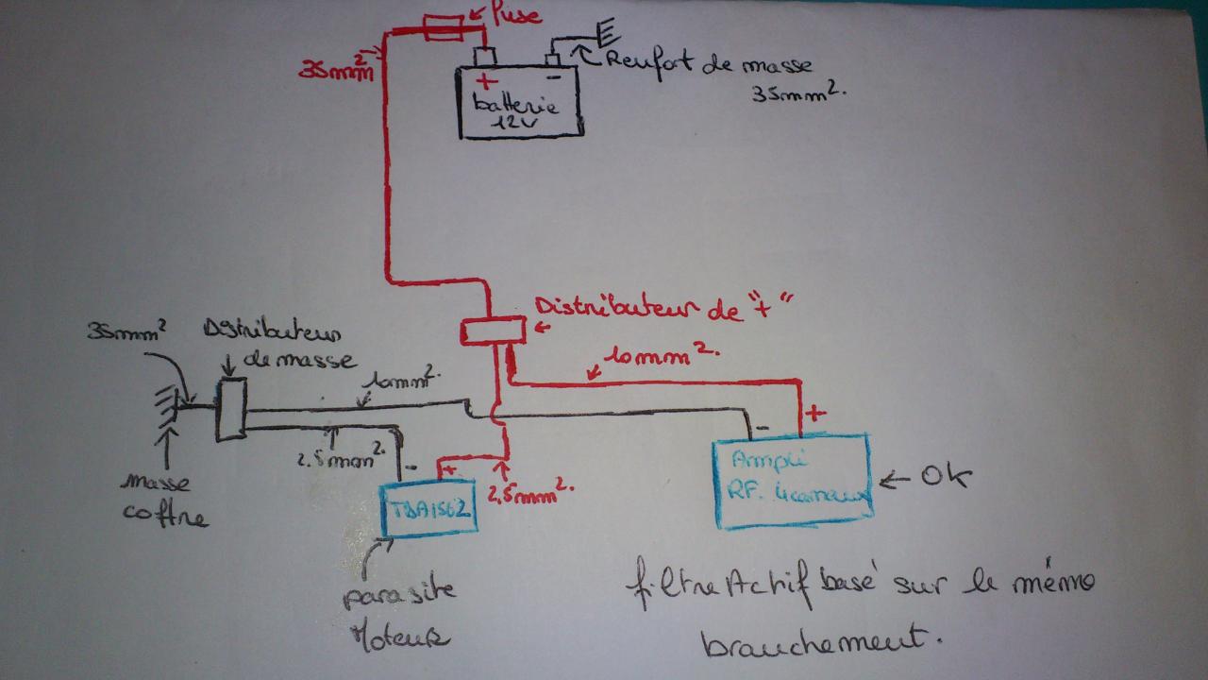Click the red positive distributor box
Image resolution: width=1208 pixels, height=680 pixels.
[x=492, y=331]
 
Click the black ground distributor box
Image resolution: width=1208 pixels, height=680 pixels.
[x=230, y=410]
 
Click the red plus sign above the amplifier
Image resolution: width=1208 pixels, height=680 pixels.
[x=814, y=413]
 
